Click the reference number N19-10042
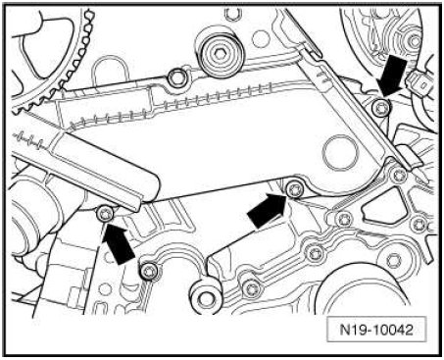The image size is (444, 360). click(376, 330)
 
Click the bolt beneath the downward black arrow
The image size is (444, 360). click(381, 108)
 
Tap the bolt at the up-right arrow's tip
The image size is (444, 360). click(295, 190)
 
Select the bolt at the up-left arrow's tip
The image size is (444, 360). click(106, 214)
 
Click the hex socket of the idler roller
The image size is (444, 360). click(220, 53)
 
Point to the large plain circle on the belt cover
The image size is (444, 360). click(340, 152)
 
